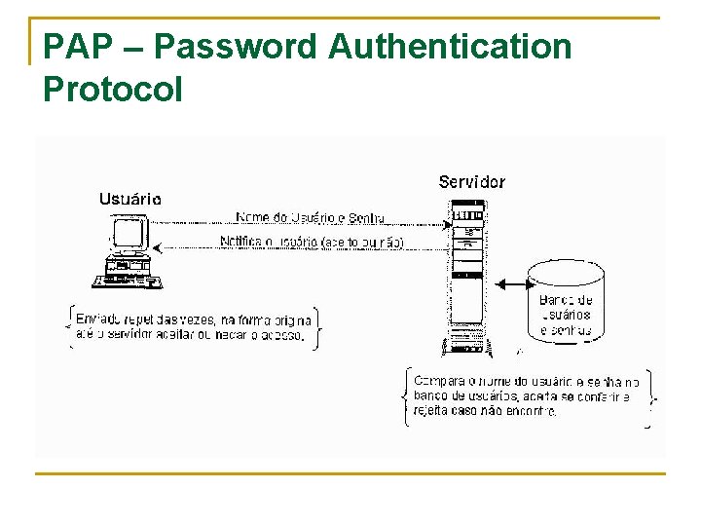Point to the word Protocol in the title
(113, 90)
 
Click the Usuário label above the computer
(130, 199)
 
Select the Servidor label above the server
(471, 182)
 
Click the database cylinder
(566, 301)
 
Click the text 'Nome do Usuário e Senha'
(310, 218)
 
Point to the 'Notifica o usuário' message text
(311, 242)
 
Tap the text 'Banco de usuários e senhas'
(566, 315)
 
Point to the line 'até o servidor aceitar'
(191, 337)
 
